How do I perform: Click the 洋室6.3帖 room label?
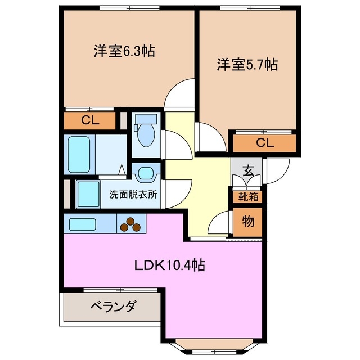click(x=124, y=51)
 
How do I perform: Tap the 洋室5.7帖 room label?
click(x=247, y=65)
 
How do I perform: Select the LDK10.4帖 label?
click(x=169, y=265)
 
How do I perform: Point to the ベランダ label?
click(x=113, y=307)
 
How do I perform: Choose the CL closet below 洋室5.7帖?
click(x=264, y=143)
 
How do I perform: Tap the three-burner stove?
click(x=131, y=224)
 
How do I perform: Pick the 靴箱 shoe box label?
click(x=247, y=197)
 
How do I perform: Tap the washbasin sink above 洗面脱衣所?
click(x=145, y=174)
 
